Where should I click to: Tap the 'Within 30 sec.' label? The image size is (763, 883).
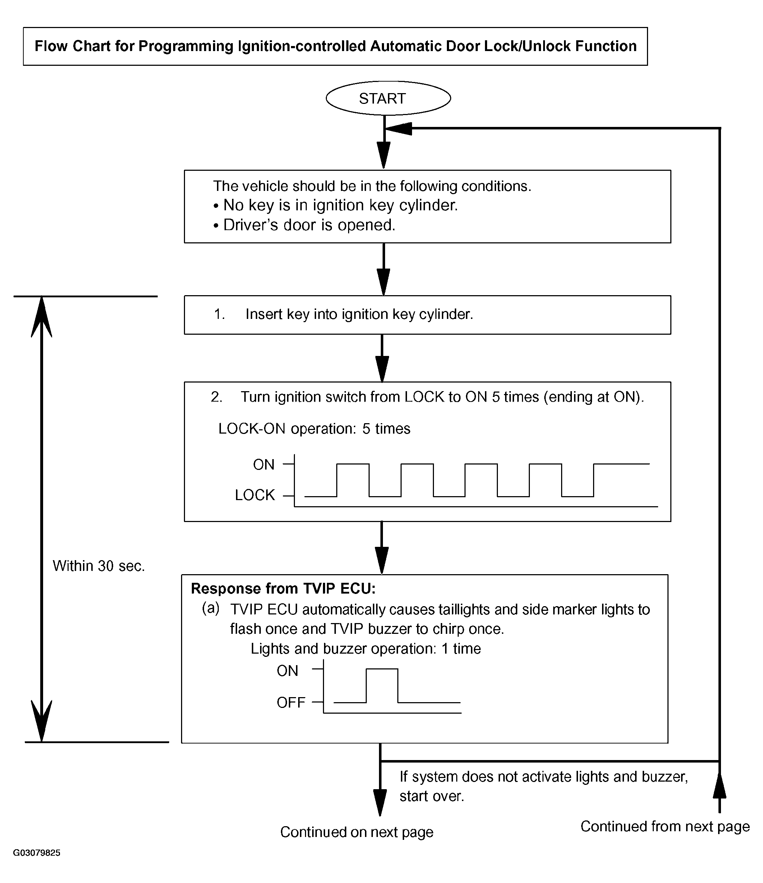(99, 566)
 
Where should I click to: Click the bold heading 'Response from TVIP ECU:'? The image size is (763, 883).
(283, 589)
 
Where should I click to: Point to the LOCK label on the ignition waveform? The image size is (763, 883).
(255, 495)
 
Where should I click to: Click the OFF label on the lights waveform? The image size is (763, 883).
(291, 702)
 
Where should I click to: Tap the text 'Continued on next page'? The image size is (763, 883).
(357, 832)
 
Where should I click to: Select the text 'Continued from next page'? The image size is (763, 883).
(665, 826)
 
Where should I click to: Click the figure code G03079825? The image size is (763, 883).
(37, 853)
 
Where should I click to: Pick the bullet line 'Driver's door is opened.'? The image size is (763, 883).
(304, 225)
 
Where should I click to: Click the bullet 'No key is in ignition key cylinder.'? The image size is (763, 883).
(336, 205)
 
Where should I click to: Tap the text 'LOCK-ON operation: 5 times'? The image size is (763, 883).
(314, 429)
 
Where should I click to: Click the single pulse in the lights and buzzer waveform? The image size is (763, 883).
(382, 669)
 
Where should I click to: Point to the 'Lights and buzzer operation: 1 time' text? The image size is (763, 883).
(366, 649)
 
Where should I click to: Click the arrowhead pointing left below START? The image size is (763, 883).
(398, 128)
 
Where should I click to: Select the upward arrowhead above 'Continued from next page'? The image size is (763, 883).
(719, 785)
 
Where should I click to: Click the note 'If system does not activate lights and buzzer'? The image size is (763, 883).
(544, 777)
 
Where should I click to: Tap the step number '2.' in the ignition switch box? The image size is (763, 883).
(216, 397)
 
